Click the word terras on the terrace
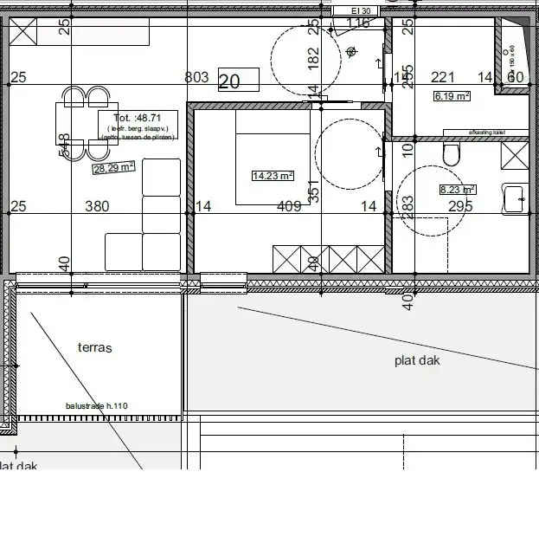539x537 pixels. (x=95, y=347)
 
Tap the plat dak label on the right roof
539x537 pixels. (x=417, y=359)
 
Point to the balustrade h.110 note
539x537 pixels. (x=96, y=405)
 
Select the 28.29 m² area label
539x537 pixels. (x=114, y=167)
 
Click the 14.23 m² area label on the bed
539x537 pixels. (x=273, y=175)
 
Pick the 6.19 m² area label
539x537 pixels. (x=452, y=96)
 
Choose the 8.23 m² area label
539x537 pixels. (x=458, y=189)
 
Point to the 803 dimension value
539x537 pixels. (x=197, y=78)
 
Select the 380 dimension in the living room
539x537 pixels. (x=96, y=206)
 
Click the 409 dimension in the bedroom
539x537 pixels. (x=288, y=206)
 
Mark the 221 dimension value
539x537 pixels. (x=443, y=78)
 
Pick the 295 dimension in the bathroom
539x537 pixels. (x=459, y=206)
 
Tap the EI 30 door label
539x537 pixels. (x=356, y=10)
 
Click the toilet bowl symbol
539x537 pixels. (x=449, y=156)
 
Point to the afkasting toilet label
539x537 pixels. (x=486, y=133)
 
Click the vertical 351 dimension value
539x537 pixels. (x=314, y=191)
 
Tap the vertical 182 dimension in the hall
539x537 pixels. (x=314, y=57)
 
